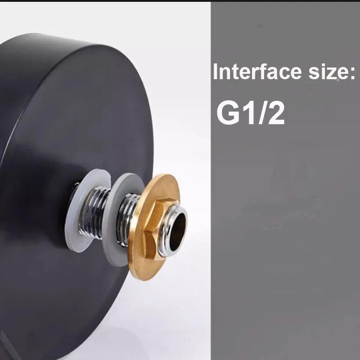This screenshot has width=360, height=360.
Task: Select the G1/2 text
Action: tap(251, 113)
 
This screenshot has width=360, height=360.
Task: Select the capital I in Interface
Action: tap(215, 72)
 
